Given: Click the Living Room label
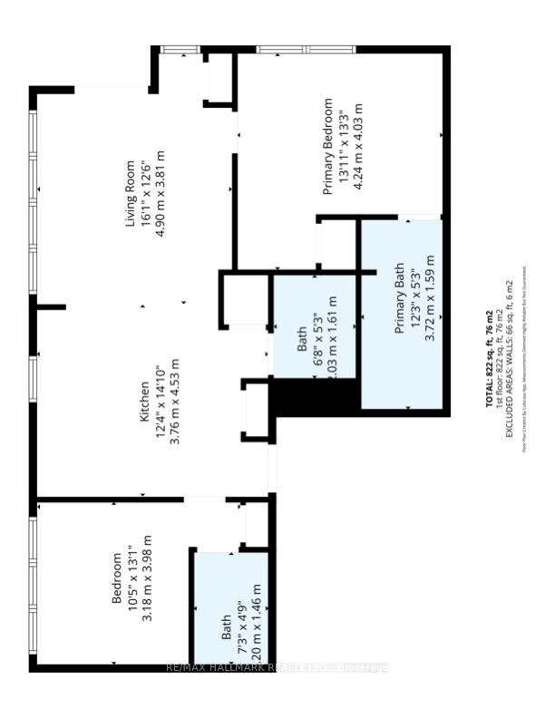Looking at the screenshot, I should [131, 194].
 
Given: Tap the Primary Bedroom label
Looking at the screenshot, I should [328, 147].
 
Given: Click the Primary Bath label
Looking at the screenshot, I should [399, 302].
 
